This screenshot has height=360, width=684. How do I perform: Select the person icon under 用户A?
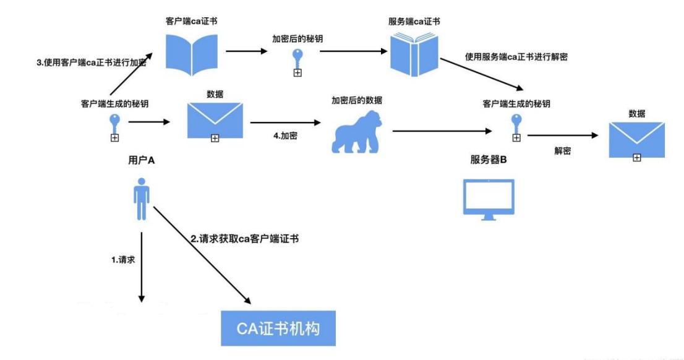[x=142, y=199]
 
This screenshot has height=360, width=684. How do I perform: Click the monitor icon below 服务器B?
[x=489, y=196]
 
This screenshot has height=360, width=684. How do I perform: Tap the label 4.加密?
[x=284, y=135]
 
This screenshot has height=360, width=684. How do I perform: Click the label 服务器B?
[x=489, y=160]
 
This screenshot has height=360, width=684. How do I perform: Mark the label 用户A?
[x=142, y=160]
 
